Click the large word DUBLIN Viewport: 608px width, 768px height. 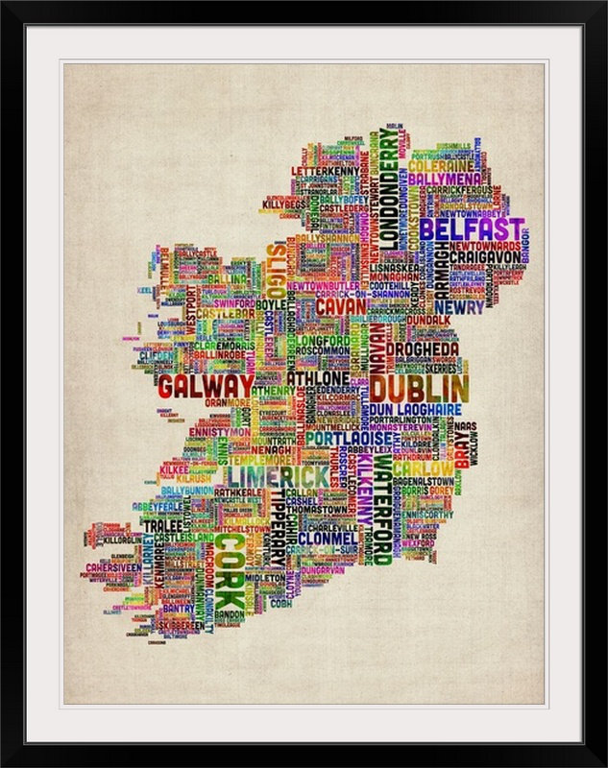click(x=420, y=389)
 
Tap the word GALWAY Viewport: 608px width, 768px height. click(x=206, y=386)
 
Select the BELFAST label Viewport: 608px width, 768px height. click(x=472, y=231)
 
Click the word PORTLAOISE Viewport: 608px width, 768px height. click(x=344, y=438)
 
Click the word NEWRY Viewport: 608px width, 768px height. click(x=465, y=308)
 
